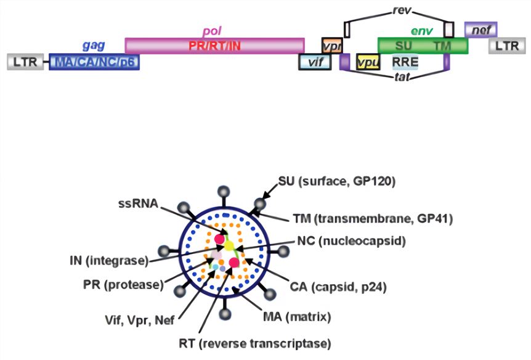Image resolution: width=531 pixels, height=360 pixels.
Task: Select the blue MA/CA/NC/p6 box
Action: [94, 62]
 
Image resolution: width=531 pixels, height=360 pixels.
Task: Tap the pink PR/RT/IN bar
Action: [214, 46]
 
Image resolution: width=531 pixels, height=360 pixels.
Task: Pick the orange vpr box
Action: [331, 46]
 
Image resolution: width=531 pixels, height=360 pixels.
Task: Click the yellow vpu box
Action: [368, 62]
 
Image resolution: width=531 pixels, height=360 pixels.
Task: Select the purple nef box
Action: [480, 28]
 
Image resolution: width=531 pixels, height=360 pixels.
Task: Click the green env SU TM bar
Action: [423, 46]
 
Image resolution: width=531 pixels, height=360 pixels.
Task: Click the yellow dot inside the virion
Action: [229, 246]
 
